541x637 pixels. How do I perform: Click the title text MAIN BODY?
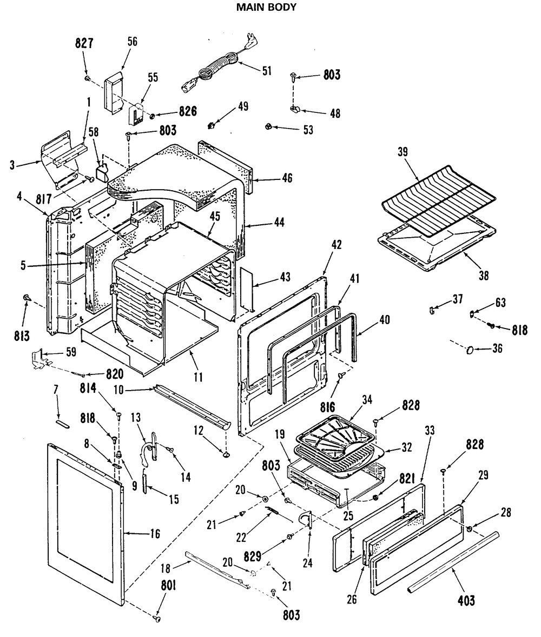tap(267, 8)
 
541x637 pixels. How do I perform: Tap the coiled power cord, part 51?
tap(214, 70)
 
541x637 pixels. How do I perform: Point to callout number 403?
tap(466, 600)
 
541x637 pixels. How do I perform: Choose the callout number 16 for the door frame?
tap(155, 534)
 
